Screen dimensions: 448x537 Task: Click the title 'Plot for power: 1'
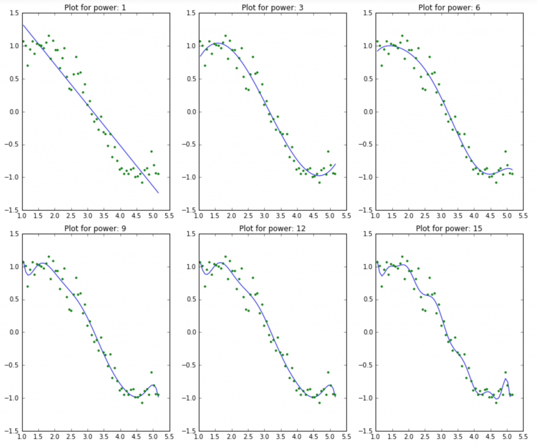(x=95, y=7)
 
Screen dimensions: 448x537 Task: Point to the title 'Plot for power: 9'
(x=95, y=228)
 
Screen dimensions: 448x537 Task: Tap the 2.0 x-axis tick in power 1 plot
(x=55, y=215)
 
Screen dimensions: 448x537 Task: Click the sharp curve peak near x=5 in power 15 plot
(x=506, y=379)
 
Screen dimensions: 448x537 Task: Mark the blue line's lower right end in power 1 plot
(x=158, y=193)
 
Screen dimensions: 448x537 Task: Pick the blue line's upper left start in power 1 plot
(x=22, y=25)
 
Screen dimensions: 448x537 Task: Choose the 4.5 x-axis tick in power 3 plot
(x=313, y=215)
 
